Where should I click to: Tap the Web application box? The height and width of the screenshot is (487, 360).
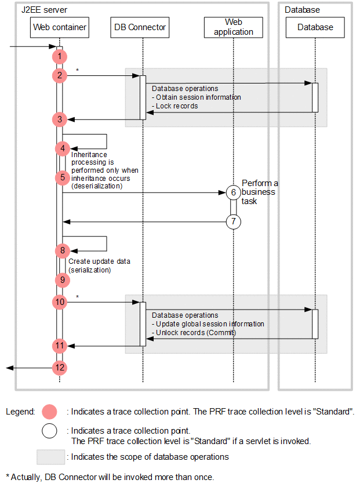(x=233, y=27)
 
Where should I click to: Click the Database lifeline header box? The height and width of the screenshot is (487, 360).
(x=315, y=27)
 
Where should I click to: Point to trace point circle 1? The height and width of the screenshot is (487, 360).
(x=59, y=56)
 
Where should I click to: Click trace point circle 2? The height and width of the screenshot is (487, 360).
(x=59, y=75)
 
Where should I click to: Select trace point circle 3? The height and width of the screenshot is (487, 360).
(x=59, y=119)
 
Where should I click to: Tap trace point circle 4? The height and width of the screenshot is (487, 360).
(x=63, y=148)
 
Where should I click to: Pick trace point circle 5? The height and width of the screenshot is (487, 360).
(x=63, y=177)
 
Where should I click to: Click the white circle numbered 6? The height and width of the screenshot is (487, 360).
(x=233, y=192)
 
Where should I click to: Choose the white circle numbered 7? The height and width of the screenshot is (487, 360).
(x=233, y=221)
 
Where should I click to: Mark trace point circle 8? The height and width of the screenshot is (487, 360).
(x=63, y=250)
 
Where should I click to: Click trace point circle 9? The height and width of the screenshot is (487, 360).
(x=63, y=279)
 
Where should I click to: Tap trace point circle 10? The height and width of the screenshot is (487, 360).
(x=59, y=302)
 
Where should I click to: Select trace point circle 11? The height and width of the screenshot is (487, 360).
(x=59, y=346)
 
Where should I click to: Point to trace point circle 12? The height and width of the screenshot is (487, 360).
(x=59, y=368)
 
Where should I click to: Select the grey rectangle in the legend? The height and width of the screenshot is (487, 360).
(x=51, y=457)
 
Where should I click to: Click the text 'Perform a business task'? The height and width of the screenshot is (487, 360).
(x=259, y=192)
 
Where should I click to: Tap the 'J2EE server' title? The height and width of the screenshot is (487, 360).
(x=43, y=10)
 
